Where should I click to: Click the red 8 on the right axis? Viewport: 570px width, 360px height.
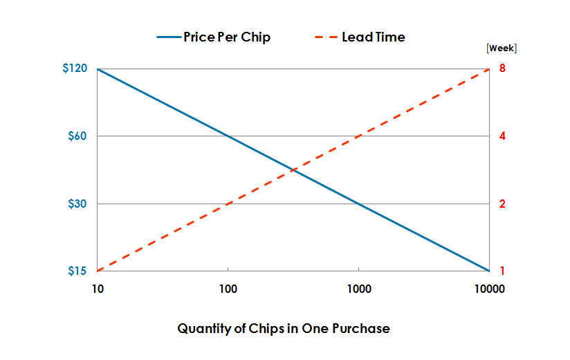coord(503,69)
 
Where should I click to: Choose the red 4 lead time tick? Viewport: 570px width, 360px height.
coord(503,136)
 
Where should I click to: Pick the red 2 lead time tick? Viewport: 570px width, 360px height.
coord(503,204)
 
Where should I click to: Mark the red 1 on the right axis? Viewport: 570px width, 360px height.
coord(503,271)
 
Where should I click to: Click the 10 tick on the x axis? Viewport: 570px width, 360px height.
coord(98,290)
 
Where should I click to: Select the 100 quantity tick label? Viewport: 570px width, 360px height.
coord(228,290)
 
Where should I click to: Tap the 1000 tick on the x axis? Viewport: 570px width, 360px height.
coord(358,290)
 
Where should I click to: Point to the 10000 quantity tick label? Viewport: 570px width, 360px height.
coord(489,290)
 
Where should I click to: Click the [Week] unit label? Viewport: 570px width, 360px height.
coord(502,48)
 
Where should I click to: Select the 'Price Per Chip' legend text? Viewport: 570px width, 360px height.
coord(227,37)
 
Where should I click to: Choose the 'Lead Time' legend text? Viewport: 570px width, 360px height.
coord(374,37)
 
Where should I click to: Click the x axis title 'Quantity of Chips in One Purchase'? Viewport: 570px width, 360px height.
coord(284,328)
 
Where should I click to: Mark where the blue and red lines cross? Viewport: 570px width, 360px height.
coord(293,170)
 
